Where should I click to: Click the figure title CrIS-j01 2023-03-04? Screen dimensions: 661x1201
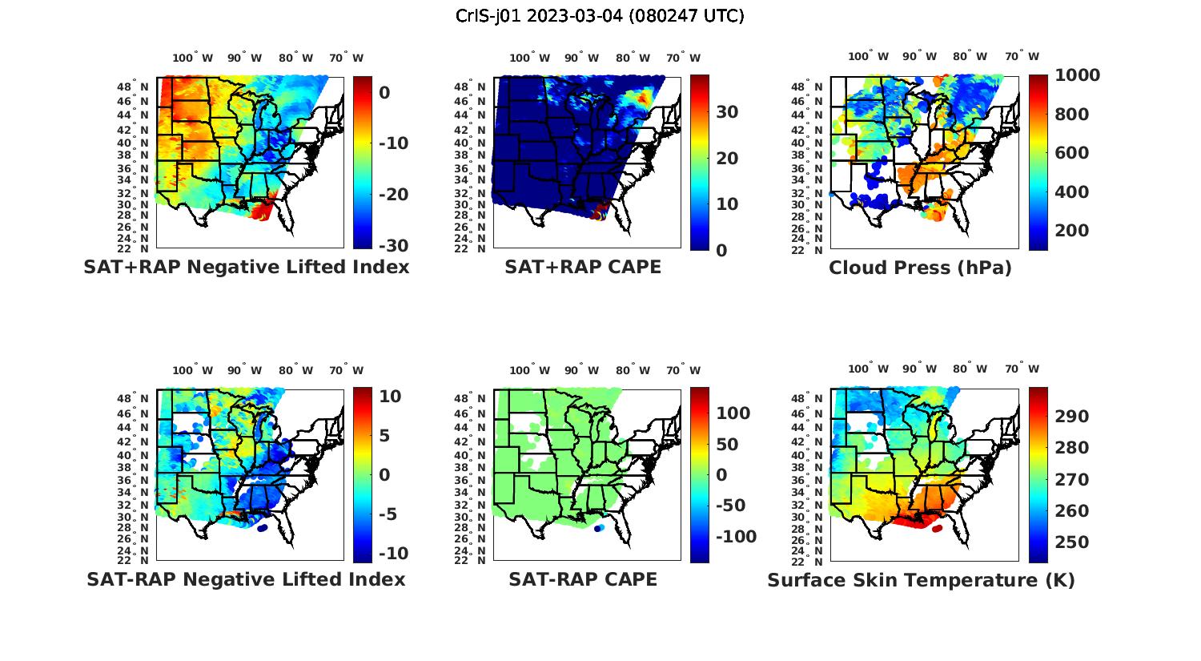pyautogui.click(x=600, y=16)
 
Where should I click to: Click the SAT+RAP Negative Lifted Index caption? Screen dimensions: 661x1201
pyautogui.click(x=247, y=267)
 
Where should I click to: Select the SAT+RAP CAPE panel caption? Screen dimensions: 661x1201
pyautogui.click(x=583, y=267)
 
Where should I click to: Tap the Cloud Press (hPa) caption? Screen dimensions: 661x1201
pyautogui.click(x=920, y=268)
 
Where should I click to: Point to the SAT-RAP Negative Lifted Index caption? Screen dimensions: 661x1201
pyautogui.click(x=247, y=579)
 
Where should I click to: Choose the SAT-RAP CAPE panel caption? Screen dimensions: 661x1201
pyautogui.click(x=583, y=579)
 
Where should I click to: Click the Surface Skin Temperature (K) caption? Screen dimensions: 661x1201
pyautogui.click(x=921, y=580)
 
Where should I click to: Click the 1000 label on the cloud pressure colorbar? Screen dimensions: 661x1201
pyautogui.click(x=1077, y=75)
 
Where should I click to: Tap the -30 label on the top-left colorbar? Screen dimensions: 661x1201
pyautogui.click(x=392, y=246)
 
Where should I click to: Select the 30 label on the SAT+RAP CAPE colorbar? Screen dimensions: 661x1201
pyautogui.click(x=727, y=112)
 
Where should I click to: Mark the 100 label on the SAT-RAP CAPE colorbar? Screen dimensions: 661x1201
pyautogui.click(x=733, y=413)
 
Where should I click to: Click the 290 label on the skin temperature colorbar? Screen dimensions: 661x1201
pyautogui.click(x=1071, y=416)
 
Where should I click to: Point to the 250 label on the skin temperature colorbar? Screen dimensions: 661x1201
pyautogui.click(x=1071, y=542)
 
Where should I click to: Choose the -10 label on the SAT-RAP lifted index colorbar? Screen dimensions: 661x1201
pyautogui.click(x=392, y=554)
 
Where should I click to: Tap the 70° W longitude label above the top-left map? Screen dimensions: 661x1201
pyautogui.click(x=346, y=58)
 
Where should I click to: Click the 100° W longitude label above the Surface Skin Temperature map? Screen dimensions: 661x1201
pyautogui.click(x=868, y=369)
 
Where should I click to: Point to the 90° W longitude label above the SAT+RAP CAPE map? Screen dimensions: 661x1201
pyautogui.click(x=581, y=58)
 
